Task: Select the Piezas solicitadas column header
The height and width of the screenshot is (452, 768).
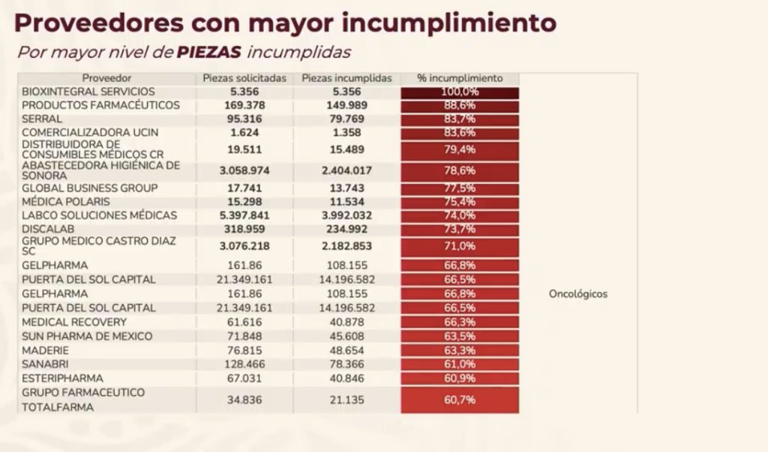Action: pos(244,78)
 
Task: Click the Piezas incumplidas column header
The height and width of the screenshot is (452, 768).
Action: pos(346,78)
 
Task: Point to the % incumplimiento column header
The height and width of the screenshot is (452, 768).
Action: pos(460,78)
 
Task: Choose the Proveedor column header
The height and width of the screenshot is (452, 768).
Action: pos(107,78)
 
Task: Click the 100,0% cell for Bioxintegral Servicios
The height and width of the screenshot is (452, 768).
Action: pos(460,92)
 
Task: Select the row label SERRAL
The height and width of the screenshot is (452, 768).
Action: pos(42,119)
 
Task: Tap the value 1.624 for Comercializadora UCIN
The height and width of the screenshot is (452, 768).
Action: pos(244,133)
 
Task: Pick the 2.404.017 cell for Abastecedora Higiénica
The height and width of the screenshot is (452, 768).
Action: pos(346,171)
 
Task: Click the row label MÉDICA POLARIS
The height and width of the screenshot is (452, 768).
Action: pos(66,202)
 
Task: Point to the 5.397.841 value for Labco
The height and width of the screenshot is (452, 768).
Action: pos(244,215)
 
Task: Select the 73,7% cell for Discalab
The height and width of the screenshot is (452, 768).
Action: pos(460,229)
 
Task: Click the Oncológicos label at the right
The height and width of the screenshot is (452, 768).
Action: pos(578,294)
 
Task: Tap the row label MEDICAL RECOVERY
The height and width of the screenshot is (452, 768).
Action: pos(74,322)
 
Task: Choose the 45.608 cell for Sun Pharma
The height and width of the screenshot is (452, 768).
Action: pos(346,336)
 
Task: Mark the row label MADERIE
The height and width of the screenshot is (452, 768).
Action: pos(46,351)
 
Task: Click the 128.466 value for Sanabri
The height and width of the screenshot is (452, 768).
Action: pos(244,364)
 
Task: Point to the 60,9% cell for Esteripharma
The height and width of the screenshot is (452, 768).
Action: pos(460,378)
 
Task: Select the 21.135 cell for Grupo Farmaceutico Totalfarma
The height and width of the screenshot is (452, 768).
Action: pos(346,400)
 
